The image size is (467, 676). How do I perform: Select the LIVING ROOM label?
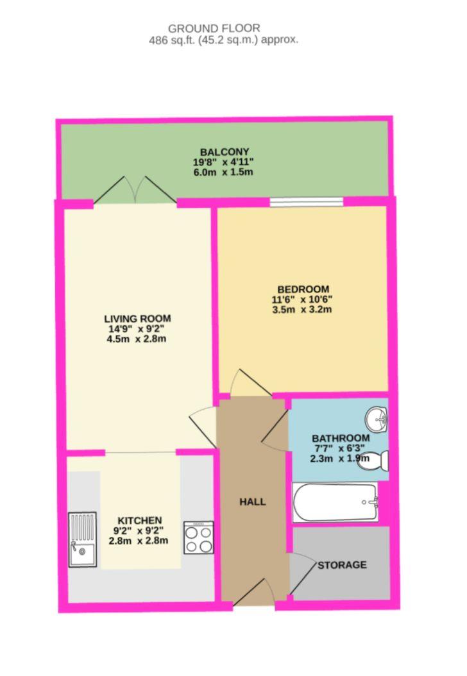pos(137,318)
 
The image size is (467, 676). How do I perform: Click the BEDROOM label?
pos(303,289)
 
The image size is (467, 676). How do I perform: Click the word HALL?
pos(252,502)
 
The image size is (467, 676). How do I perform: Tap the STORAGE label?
pos(343,565)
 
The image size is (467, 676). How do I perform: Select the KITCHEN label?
pos(139,520)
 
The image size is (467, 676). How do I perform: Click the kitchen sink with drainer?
pos(82,539)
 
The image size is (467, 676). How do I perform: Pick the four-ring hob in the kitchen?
pos(198,537)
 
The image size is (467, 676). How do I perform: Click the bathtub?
pos(335,502)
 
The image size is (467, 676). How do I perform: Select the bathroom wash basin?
pos(377,419)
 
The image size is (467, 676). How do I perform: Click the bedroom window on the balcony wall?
pos(306,202)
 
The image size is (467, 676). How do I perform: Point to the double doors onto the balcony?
pos(135,191)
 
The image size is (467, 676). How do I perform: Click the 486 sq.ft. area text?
pos(223,40)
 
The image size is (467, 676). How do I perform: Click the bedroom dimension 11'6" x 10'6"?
pos(303,300)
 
